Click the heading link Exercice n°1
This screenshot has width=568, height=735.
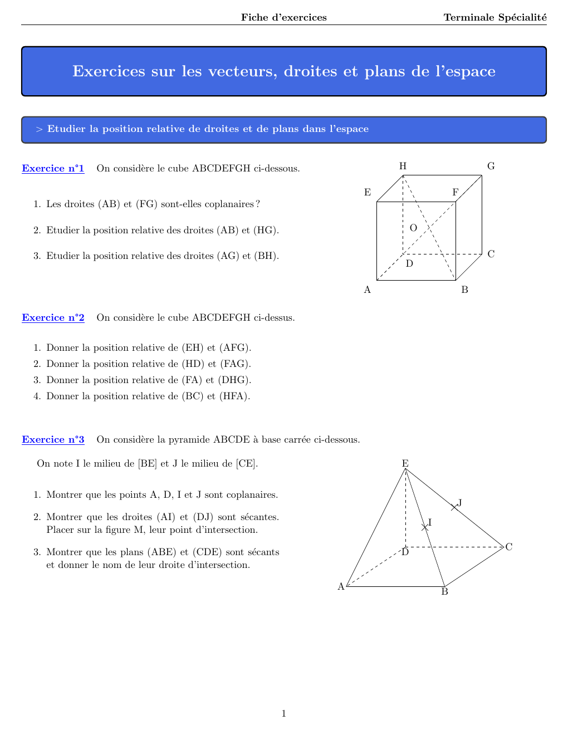click(x=53, y=168)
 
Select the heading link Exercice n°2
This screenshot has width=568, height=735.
click(x=53, y=317)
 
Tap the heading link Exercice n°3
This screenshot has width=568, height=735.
click(x=53, y=439)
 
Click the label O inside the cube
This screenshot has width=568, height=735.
click(x=413, y=228)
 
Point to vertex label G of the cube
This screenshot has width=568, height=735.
click(x=491, y=166)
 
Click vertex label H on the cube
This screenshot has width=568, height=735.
click(x=403, y=166)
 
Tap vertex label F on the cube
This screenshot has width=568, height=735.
click(x=455, y=192)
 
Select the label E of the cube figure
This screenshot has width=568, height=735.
click(x=368, y=192)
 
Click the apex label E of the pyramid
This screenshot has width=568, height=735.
click(x=405, y=463)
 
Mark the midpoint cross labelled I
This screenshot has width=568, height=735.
click(x=425, y=527)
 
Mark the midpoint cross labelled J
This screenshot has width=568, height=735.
click(x=454, y=507)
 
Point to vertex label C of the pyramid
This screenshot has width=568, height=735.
click(x=508, y=547)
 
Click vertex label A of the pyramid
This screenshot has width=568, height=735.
click(x=341, y=586)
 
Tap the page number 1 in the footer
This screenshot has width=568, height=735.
click(x=284, y=713)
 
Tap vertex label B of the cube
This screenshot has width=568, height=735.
click(x=464, y=290)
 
